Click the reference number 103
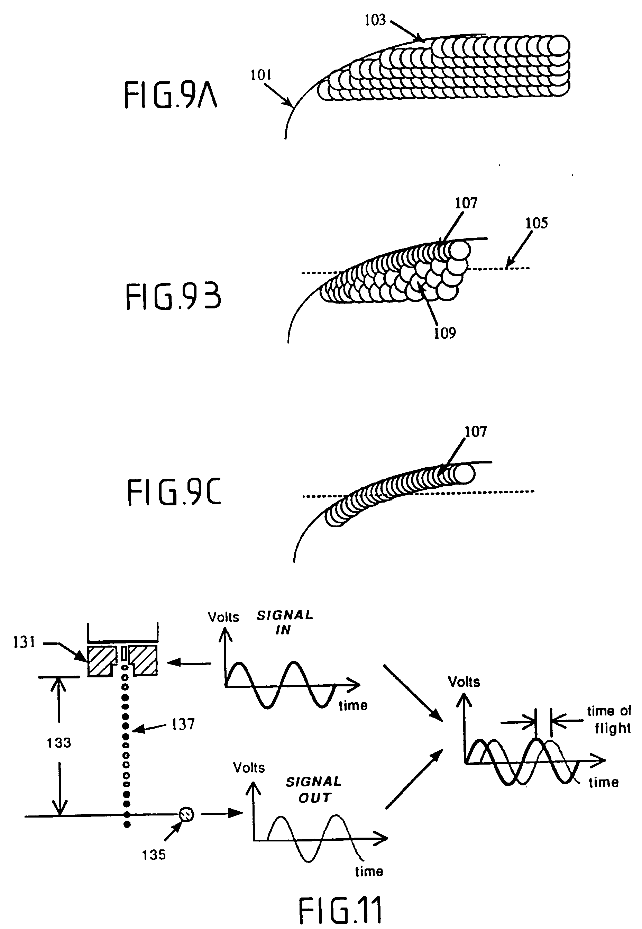(x=375, y=20)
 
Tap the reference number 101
(x=261, y=75)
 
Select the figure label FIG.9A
(x=170, y=95)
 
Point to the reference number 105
(x=536, y=223)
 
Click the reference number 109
(x=445, y=333)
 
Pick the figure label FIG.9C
(x=174, y=492)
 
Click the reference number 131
(x=24, y=642)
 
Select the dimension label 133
(x=59, y=743)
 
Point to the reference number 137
(x=183, y=724)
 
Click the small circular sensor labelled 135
(x=186, y=814)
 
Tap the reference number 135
(x=154, y=855)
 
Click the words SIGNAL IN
(x=284, y=622)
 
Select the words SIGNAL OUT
(x=314, y=790)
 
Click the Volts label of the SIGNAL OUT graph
(x=249, y=768)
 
